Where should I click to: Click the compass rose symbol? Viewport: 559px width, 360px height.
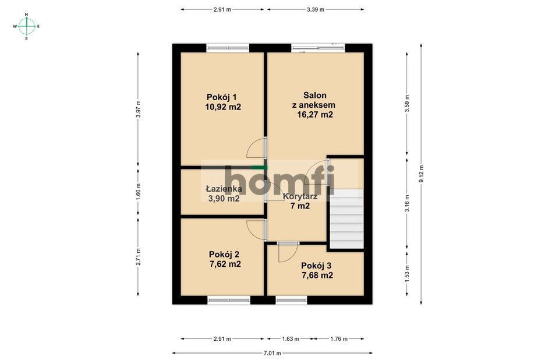26,26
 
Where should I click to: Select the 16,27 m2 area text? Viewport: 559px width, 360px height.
315,115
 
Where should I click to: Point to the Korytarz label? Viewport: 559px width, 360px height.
300,196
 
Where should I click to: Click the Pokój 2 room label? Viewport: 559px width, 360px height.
224,254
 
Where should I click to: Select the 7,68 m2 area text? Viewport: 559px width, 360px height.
316,276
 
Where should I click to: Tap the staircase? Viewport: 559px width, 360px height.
346,219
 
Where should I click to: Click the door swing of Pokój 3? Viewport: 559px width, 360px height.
286,252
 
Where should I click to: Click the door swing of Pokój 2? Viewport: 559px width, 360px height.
256,229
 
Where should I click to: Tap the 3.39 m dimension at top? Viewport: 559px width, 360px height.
315,9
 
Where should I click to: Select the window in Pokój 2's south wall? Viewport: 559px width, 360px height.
228,300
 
